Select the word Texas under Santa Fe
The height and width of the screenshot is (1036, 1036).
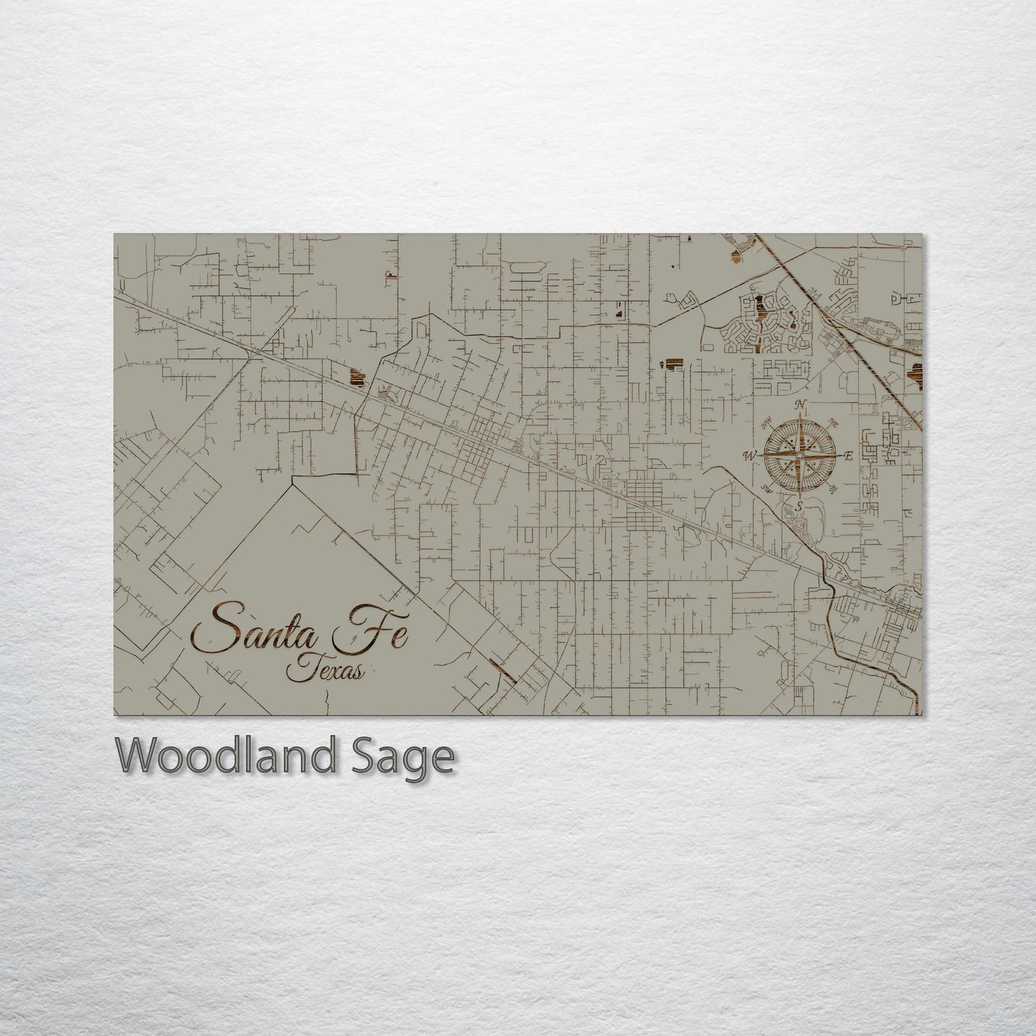tap(325, 670)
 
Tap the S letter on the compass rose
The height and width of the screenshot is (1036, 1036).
tap(799, 506)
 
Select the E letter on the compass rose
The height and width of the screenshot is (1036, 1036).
tap(848, 456)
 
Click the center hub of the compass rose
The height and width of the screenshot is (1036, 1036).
tap(799, 456)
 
